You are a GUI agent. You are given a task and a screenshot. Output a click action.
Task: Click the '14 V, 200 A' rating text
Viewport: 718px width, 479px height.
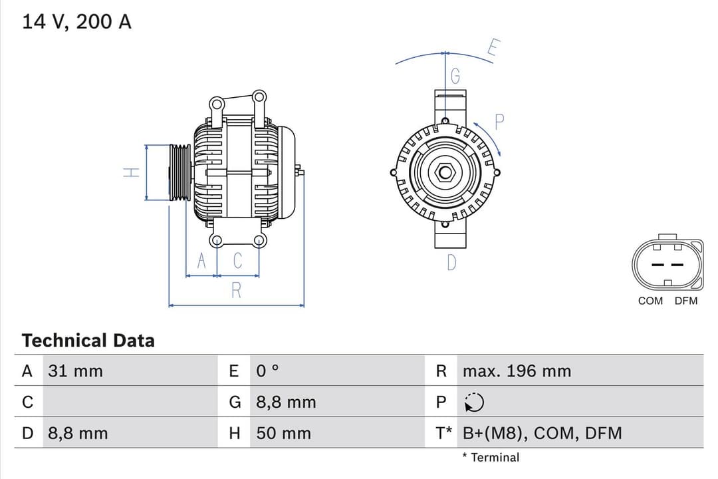coord(76,21)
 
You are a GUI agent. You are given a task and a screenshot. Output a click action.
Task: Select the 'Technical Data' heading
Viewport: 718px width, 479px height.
coord(88,341)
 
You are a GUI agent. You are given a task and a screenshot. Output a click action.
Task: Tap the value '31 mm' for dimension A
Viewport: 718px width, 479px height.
coord(75,371)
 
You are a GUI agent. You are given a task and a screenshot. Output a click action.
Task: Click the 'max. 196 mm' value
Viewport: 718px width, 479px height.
coord(517,371)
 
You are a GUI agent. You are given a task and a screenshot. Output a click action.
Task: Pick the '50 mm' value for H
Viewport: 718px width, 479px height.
coord(283,434)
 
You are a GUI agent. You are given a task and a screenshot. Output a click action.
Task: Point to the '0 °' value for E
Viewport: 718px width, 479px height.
coord(268,371)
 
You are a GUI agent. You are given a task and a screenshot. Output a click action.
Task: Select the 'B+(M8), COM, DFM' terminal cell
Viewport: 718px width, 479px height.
coord(542,434)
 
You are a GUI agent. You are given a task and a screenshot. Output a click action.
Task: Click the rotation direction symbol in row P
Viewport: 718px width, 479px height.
coord(475,402)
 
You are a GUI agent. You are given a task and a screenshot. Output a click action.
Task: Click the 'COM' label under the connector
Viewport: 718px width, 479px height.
coord(650,301)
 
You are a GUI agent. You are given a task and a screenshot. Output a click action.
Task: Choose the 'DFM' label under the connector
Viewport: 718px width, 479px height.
coord(686,301)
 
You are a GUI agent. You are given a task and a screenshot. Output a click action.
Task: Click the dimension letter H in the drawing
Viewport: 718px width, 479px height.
coord(132,172)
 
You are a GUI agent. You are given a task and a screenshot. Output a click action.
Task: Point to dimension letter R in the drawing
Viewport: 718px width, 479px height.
coord(236,291)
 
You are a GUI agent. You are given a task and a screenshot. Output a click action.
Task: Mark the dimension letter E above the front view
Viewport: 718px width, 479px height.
coord(493,49)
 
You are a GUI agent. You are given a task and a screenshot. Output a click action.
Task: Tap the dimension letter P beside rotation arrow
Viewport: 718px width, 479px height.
coord(500,122)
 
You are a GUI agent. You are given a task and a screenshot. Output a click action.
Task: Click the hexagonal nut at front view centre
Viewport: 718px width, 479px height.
coord(444,173)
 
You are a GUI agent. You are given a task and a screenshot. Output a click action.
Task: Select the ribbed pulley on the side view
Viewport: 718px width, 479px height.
coord(179,172)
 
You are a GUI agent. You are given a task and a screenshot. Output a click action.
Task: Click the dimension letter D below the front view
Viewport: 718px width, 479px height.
coord(452,263)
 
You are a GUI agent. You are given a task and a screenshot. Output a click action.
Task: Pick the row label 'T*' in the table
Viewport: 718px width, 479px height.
coord(443,434)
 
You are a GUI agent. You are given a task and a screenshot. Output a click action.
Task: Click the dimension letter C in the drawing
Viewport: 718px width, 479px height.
coord(237,261)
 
